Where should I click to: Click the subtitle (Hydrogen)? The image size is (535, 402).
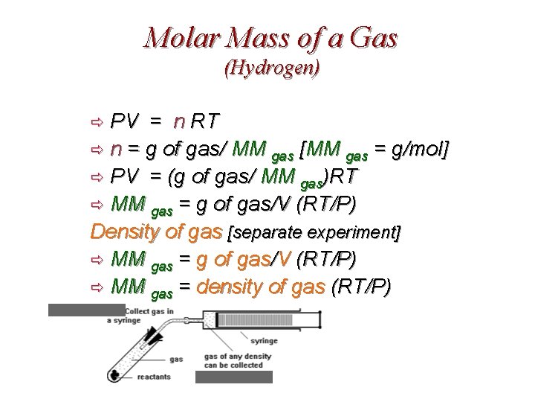click(271, 68)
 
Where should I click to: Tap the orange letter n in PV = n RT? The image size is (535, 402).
click(179, 121)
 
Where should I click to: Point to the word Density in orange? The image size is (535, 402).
click(127, 232)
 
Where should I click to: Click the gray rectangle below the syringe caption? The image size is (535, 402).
click(233, 377)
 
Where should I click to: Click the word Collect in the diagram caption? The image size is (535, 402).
click(139, 310)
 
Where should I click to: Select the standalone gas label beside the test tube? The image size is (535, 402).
click(176, 359)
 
